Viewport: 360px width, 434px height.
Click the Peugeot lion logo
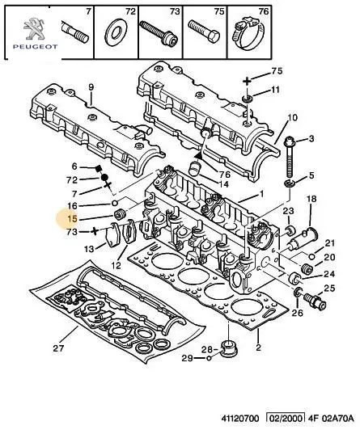tap(34, 28)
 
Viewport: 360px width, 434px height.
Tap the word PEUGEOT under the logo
tap(36, 47)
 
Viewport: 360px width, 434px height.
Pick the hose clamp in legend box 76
tap(248, 32)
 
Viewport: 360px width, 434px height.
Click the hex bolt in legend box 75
tap(204, 32)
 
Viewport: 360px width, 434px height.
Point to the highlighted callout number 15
tap(72, 219)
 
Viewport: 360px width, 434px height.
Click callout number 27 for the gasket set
tap(58, 348)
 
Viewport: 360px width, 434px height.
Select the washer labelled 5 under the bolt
tap(290, 183)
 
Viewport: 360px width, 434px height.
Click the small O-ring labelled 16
tap(115, 203)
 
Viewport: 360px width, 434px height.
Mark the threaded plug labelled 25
tap(315, 301)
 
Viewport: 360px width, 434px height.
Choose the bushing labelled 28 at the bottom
tap(230, 350)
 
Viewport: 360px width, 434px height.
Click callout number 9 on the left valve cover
tap(91, 87)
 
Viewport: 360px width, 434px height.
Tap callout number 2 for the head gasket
tap(258, 348)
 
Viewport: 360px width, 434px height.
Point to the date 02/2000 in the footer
tap(286, 418)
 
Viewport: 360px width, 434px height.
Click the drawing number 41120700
tap(240, 418)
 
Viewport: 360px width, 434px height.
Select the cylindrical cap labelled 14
tap(195, 169)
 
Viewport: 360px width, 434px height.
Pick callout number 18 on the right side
tap(311, 199)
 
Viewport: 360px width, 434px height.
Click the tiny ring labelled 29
tap(210, 358)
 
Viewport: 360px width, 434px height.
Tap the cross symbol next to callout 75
tap(247, 82)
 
